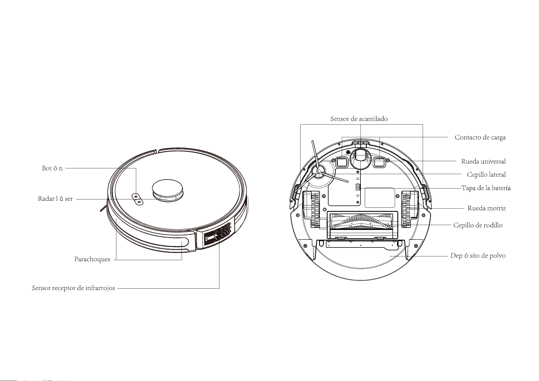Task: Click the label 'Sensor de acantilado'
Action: (359, 119)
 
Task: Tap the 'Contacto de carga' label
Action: (480, 138)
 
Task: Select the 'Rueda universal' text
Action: (483, 161)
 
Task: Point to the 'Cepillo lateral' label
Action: (486, 175)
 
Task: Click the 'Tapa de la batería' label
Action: (486, 188)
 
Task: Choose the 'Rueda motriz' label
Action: (487, 208)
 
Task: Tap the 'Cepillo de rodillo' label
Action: (478, 225)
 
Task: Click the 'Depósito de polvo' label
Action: (478, 256)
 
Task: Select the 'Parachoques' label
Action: (92, 260)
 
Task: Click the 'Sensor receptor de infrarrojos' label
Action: (73, 288)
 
